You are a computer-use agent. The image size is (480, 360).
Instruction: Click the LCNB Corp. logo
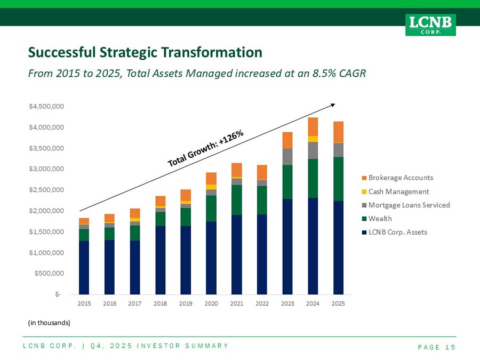(430, 25)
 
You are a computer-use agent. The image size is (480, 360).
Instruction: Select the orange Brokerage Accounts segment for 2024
(313, 127)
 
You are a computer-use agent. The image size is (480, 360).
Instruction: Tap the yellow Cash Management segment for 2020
(211, 187)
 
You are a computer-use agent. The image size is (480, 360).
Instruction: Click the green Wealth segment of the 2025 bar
(338, 179)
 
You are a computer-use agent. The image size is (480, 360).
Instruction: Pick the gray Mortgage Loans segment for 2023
(287, 157)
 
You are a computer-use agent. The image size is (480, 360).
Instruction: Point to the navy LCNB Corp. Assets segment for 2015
(84, 268)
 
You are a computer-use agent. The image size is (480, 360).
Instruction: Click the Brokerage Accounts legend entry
(398, 178)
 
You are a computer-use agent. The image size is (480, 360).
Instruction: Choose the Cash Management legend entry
(396, 191)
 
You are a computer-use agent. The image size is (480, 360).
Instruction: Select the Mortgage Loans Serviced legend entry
(406, 205)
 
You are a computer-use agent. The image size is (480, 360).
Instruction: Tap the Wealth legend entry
(377, 219)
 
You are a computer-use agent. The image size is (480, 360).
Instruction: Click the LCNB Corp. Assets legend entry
(395, 233)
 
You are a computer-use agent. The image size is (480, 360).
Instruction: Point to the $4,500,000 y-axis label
(46, 106)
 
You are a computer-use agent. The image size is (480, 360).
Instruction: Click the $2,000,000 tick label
(46, 211)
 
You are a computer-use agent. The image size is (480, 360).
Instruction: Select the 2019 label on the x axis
(186, 303)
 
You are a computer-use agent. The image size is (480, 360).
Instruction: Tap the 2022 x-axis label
(262, 303)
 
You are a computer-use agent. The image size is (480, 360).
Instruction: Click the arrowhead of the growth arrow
(333, 105)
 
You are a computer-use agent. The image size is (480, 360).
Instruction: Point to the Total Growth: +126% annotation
(206, 148)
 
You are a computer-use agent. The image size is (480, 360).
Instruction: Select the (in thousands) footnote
(49, 323)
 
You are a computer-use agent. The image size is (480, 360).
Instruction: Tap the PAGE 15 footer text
(437, 347)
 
